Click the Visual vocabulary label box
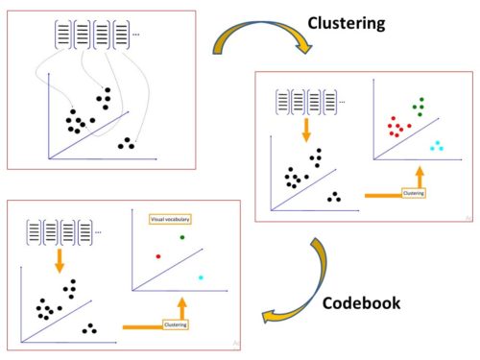pyautogui.click(x=169, y=219)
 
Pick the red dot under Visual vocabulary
pyautogui.click(x=157, y=256)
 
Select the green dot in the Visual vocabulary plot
pyautogui.click(x=181, y=237)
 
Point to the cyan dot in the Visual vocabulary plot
pyautogui.click(x=201, y=277)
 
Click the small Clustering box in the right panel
pyautogui.click(x=414, y=192)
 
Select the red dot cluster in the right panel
pyautogui.click(x=398, y=127)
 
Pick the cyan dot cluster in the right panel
pyautogui.click(x=436, y=145)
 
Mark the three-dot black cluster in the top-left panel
pyautogui.click(x=127, y=144)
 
